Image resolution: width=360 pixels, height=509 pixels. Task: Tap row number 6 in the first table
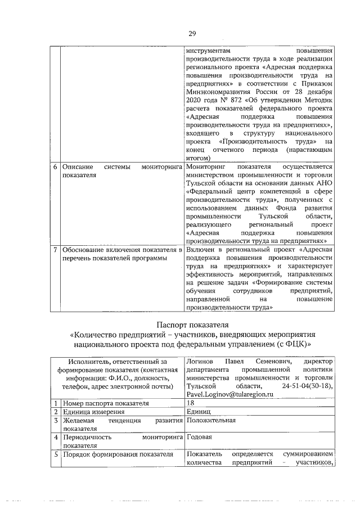pos(55,168)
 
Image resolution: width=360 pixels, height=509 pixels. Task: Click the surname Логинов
pos(201,361)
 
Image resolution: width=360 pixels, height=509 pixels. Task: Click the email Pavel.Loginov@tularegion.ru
pos(229,396)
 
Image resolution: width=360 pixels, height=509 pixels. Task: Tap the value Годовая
pos(199,437)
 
